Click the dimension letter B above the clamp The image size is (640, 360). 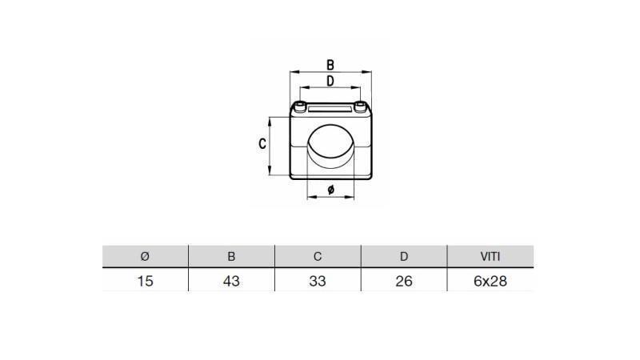pyautogui.click(x=330, y=65)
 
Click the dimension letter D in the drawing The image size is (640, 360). pyautogui.click(x=330, y=81)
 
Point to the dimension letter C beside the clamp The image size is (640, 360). pyautogui.click(x=262, y=144)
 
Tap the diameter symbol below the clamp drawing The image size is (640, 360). pyautogui.click(x=331, y=190)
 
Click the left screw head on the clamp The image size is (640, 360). pyautogui.click(x=300, y=107)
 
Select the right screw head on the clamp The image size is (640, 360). pyautogui.click(x=362, y=107)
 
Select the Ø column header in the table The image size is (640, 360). pyautogui.click(x=145, y=257)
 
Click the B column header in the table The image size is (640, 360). pyautogui.click(x=231, y=257)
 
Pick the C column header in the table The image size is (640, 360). pyautogui.click(x=318, y=257)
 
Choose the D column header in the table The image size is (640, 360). pyautogui.click(x=404, y=257)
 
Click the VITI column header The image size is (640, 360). pyautogui.click(x=490, y=257)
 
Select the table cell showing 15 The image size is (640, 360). pyautogui.click(x=145, y=281)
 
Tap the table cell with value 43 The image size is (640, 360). pyautogui.click(x=231, y=281)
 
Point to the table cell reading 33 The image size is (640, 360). pyautogui.click(x=318, y=281)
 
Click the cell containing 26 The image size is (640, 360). pyautogui.click(x=404, y=281)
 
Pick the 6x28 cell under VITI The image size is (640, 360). pyautogui.click(x=490, y=281)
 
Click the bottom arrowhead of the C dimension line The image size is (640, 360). pyautogui.click(x=271, y=173)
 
